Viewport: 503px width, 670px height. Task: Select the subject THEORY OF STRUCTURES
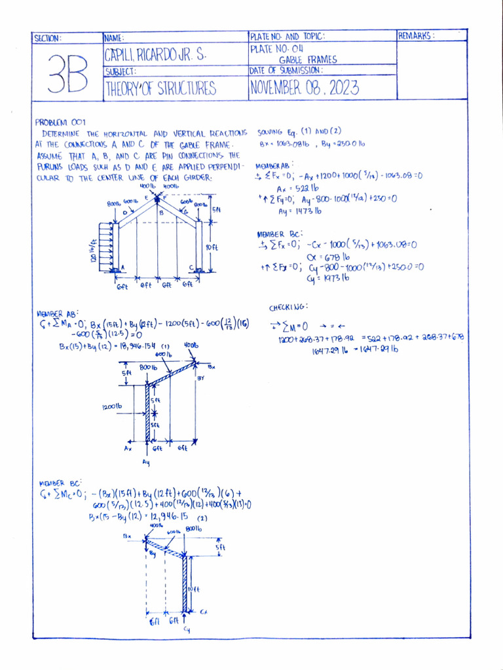(160, 89)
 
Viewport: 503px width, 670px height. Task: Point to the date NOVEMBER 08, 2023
(303, 88)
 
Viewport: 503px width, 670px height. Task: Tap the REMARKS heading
(416, 37)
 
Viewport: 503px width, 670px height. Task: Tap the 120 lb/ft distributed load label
(93, 249)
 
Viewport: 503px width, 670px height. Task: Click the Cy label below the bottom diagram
(187, 629)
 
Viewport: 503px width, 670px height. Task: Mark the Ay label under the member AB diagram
(145, 462)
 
